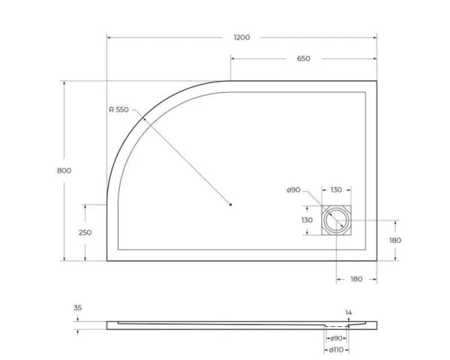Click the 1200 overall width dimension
tap(241, 37)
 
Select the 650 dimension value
tap(304, 58)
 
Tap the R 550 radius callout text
tap(119, 109)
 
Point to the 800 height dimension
tap(64, 170)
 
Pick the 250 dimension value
tap(85, 233)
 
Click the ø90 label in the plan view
tap(293, 190)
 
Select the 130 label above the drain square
tap(336, 190)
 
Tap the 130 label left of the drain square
tap(307, 220)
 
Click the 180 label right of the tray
tap(395, 240)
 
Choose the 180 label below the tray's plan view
tap(356, 279)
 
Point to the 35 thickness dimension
tap(77, 308)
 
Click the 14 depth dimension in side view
tap(349, 312)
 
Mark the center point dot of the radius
tap(230, 205)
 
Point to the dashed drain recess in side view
tap(336, 325)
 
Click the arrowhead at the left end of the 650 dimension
tap(233, 58)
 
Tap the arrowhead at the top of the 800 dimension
tap(64, 83)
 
